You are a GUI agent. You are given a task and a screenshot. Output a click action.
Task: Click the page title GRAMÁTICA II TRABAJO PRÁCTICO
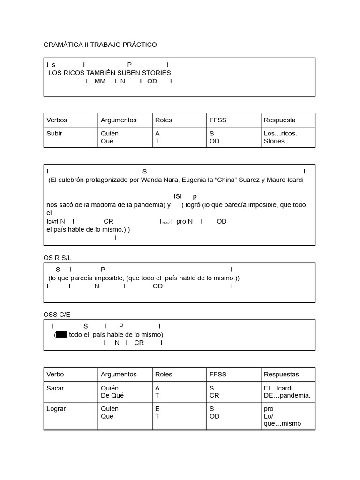[x=100, y=45]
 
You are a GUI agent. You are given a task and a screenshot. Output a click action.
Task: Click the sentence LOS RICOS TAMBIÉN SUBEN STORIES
[x=110, y=73]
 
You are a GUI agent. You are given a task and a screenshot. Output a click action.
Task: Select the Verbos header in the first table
[x=57, y=120]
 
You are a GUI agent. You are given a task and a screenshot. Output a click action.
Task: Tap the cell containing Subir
[x=54, y=134]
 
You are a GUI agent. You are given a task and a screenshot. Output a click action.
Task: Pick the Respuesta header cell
[x=279, y=120]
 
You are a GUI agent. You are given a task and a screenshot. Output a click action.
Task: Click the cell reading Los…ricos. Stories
[x=280, y=137]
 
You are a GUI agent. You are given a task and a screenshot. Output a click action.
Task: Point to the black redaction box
[x=61, y=335]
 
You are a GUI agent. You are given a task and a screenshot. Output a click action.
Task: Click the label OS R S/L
[x=57, y=258]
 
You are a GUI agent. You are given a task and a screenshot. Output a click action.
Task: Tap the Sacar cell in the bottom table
[x=55, y=388]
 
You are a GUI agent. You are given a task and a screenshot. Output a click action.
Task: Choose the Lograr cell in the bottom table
[x=56, y=409]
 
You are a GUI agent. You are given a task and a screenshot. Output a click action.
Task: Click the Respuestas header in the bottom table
[x=281, y=375]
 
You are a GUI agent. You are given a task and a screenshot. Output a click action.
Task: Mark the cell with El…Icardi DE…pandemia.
[x=287, y=391]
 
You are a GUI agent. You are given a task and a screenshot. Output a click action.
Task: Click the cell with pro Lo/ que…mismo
[x=282, y=416]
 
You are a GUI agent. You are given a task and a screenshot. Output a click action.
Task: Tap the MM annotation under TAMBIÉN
[x=100, y=82]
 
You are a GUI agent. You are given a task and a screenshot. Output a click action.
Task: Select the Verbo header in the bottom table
[x=55, y=375]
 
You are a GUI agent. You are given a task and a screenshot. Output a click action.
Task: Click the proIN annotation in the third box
[x=185, y=221]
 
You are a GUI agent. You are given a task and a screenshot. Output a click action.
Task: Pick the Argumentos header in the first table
[x=119, y=120]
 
